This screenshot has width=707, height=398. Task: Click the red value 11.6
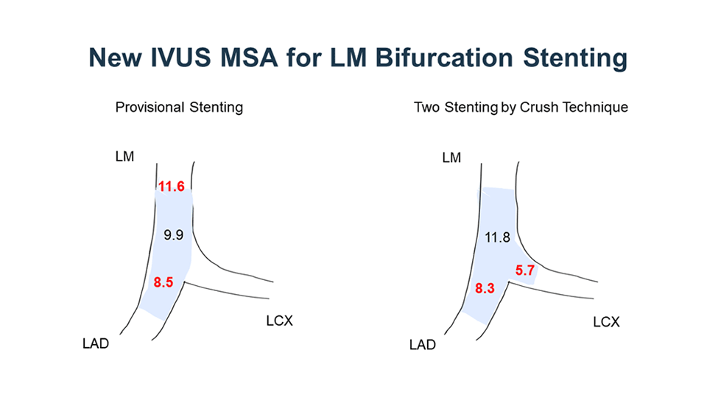coord(172,186)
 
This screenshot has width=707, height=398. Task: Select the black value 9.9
coord(174,235)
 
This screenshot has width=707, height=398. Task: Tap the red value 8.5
coord(163,282)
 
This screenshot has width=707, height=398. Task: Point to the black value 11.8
coord(497,237)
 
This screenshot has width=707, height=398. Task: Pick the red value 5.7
coord(525,270)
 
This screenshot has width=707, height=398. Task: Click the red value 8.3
coord(485,288)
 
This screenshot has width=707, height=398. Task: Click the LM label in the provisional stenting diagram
coord(125,156)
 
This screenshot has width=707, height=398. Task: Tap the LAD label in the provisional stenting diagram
coord(96,344)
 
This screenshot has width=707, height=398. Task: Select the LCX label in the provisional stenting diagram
coord(280,321)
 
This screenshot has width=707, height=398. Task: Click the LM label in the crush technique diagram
coord(451,158)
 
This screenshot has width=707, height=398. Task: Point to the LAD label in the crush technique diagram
coord(423,345)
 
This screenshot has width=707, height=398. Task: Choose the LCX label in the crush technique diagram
coord(606,322)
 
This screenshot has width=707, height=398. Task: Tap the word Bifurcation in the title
coord(444,57)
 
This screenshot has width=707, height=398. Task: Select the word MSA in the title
coord(249,57)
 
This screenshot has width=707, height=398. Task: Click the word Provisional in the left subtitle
coord(150,108)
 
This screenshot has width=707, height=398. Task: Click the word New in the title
coord(115,57)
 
